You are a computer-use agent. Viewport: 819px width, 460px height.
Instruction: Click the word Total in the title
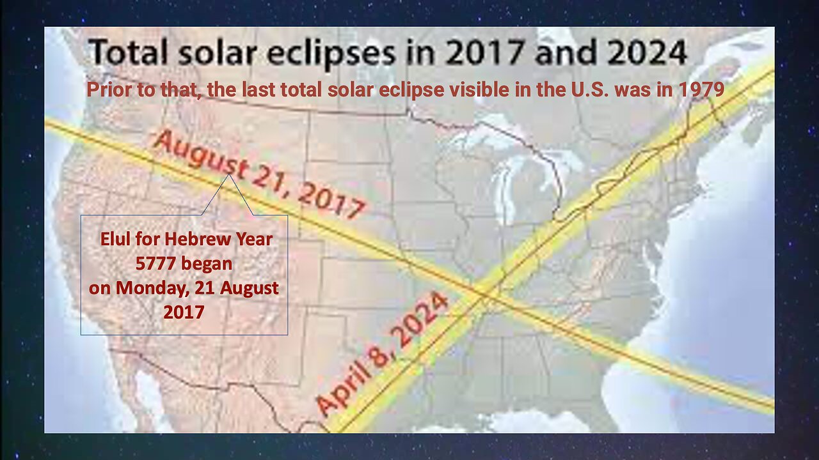pos(128,52)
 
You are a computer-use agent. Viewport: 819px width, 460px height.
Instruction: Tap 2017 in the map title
pos(484,52)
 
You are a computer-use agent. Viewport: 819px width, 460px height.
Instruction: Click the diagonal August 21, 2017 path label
pos(259,174)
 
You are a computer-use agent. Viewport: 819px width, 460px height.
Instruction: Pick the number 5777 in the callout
pos(153,264)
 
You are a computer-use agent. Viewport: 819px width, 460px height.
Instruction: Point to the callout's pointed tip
pos(229,174)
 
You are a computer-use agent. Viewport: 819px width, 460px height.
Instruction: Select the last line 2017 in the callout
pos(184,312)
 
